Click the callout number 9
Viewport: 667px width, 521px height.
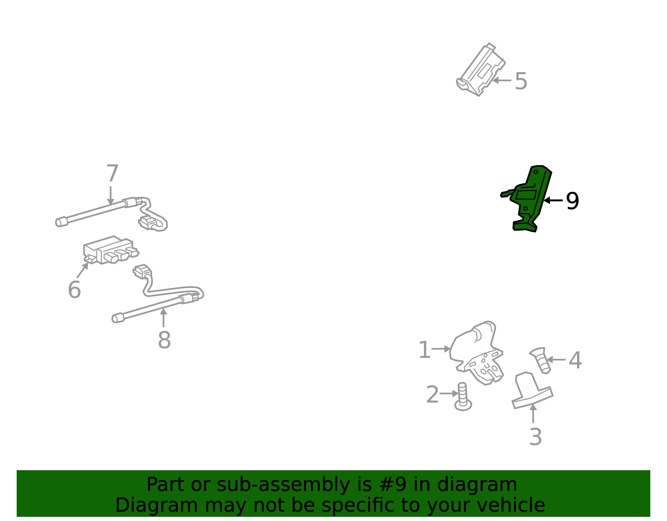(572, 201)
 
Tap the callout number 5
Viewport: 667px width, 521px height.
(521, 81)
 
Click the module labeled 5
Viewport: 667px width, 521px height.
(481, 70)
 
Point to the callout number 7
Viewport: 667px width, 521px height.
(112, 173)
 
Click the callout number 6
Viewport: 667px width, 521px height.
(74, 289)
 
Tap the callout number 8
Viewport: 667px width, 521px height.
(164, 340)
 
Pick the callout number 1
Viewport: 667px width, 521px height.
(424, 350)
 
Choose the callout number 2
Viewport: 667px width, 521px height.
(432, 395)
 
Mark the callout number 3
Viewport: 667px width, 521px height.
(536, 437)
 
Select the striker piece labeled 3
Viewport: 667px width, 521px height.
(532, 391)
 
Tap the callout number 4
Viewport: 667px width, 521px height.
(575, 360)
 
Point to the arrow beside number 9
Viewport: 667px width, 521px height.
(553, 201)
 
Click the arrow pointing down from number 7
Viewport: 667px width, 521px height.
(110, 195)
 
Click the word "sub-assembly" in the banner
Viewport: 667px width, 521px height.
(283, 485)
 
